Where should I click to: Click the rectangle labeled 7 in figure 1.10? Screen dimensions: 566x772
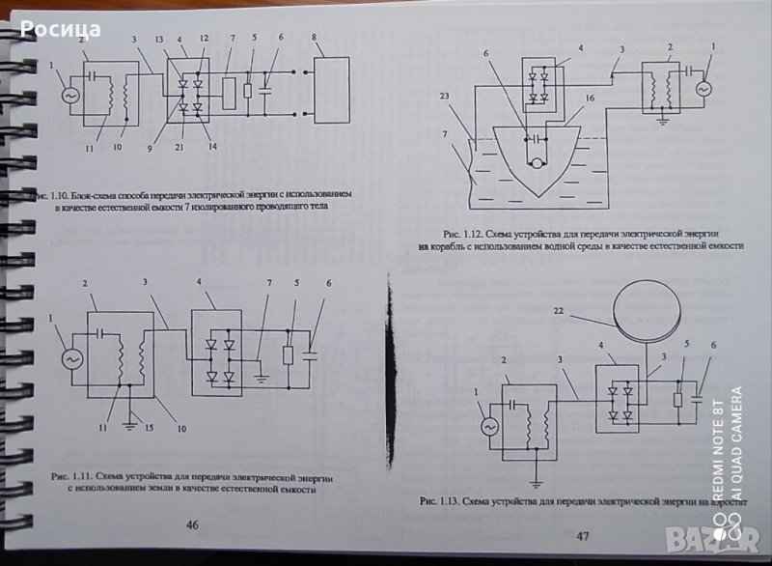coord(228,95)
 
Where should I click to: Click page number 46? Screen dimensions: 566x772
coord(192,524)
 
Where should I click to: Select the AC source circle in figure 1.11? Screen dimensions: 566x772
coord(71,358)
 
